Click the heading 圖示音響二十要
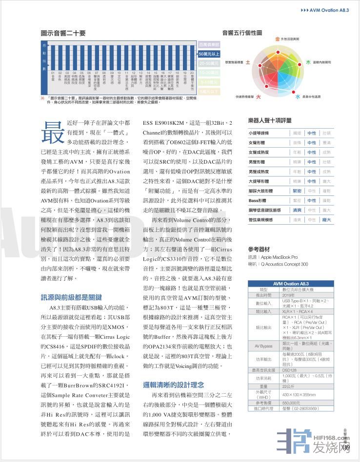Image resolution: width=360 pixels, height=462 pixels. (x=63, y=33)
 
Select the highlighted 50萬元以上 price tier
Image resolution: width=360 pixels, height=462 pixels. (x=209, y=54)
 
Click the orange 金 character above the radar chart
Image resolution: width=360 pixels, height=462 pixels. (x=277, y=38)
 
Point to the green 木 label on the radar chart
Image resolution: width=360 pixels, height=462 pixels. (x=308, y=62)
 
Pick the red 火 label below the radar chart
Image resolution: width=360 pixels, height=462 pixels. (x=259, y=97)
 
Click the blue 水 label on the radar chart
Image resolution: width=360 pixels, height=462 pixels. (x=297, y=97)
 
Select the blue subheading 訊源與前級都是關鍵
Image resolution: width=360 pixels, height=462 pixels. (x=71, y=297)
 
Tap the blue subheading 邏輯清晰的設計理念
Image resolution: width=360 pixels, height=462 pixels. (x=174, y=385)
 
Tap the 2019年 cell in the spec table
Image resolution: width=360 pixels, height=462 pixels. (x=289, y=295)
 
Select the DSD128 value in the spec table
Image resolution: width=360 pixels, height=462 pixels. (x=289, y=370)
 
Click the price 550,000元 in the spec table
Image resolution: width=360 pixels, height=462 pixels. (x=291, y=403)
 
